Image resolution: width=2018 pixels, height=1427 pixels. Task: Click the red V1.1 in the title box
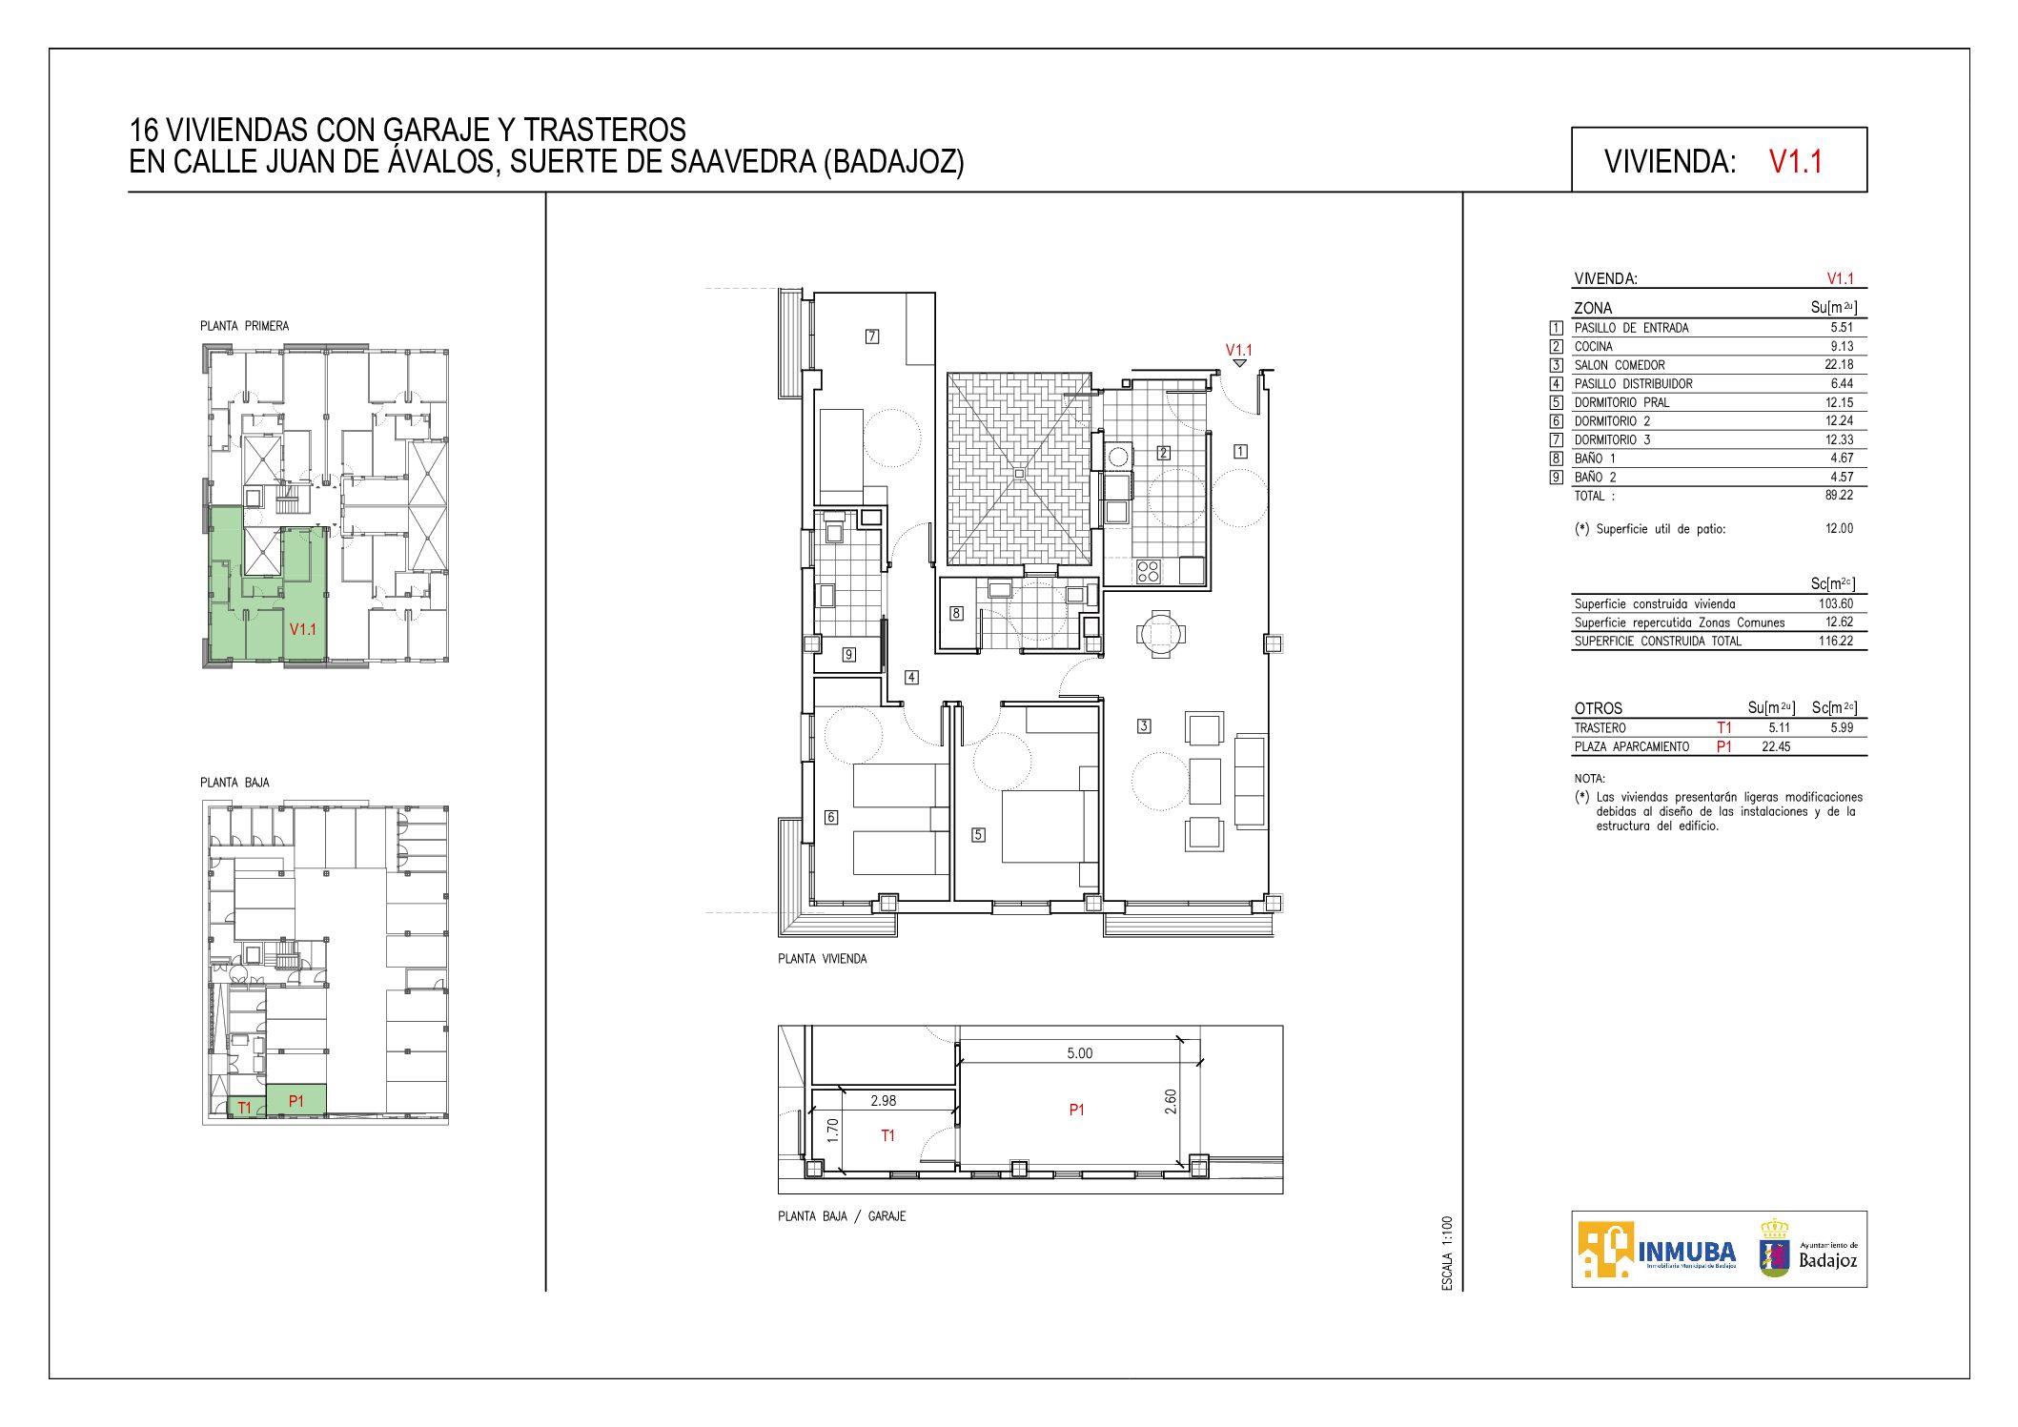(x=1795, y=161)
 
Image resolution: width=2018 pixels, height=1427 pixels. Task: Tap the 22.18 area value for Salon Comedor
(x=1840, y=365)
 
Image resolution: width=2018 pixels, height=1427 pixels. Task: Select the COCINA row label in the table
(x=1594, y=347)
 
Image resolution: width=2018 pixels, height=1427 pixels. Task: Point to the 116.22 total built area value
(x=1837, y=642)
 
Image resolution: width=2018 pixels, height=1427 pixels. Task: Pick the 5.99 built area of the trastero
(x=1842, y=728)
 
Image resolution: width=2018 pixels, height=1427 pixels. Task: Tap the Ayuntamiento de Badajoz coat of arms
(x=1774, y=1248)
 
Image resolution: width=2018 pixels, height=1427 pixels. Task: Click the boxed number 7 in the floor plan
(x=872, y=336)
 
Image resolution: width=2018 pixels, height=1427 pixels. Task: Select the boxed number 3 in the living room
(x=1144, y=726)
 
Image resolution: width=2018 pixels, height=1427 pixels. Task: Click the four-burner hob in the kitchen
(x=1149, y=571)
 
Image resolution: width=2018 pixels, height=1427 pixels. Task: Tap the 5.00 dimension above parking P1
(x=1079, y=1053)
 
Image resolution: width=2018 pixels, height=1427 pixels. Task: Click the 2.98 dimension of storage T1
(x=884, y=1101)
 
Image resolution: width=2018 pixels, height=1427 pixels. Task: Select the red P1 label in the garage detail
(x=1076, y=1110)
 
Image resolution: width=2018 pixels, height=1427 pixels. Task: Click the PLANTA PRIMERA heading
(x=244, y=326)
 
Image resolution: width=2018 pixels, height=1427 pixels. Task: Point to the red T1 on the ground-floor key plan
(x=245, y=1108)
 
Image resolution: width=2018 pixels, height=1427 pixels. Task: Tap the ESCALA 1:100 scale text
(x=1447, y=1254)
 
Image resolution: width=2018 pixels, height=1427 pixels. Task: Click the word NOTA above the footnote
(x=1590, y=779)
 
